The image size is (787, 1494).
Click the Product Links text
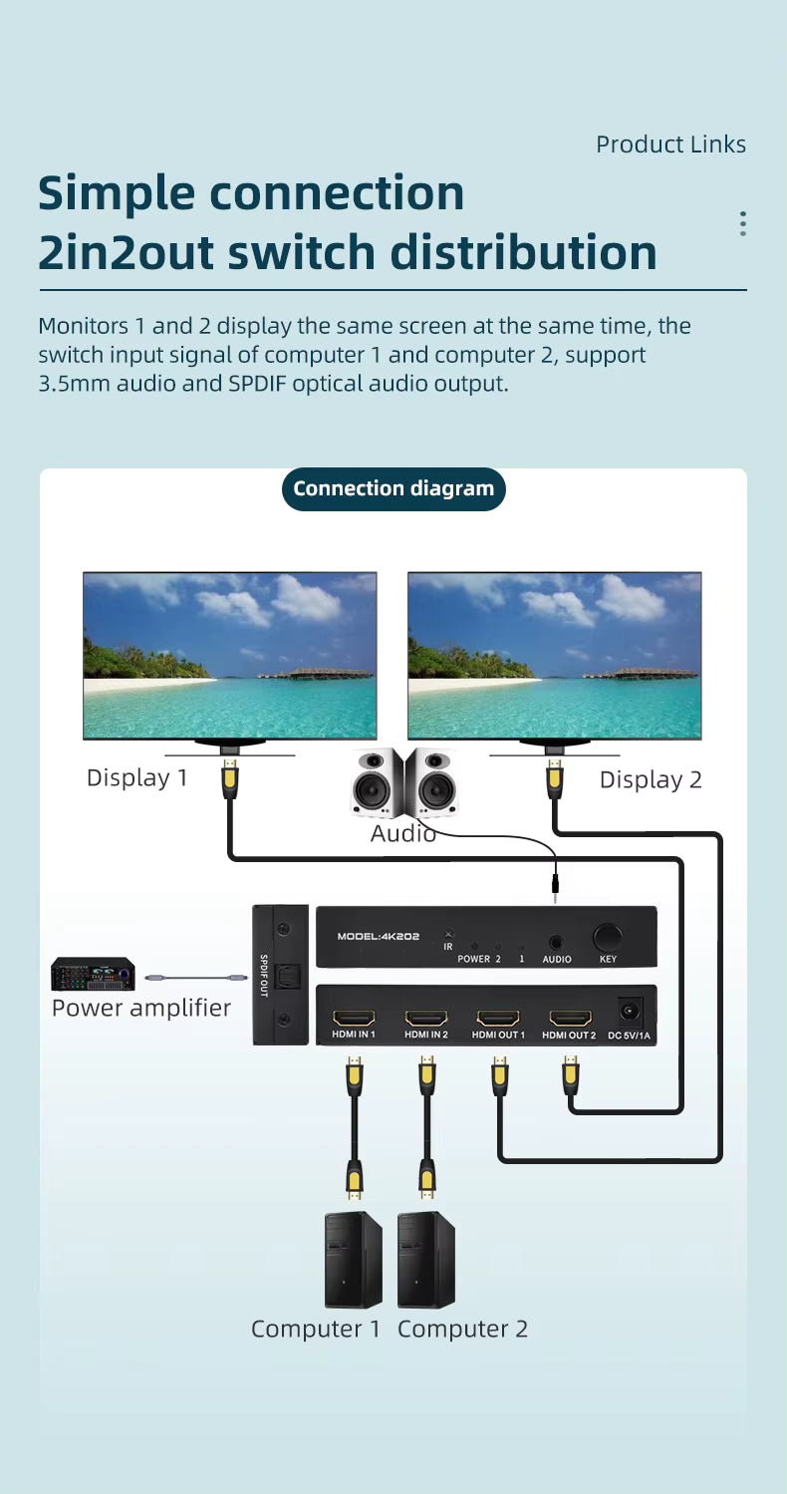pyautogui.click(x=670, y=145)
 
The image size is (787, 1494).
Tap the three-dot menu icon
pyautogui.click(x=742, y=223)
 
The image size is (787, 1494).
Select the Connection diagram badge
pyautogui.click(x=393, y=488)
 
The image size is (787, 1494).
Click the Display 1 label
pyautogui.click(x=136, y=777)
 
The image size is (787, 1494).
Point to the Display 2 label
pyautogui.click(x=651, y=779)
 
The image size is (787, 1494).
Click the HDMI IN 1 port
pyautogui.click(x=354, y=1019)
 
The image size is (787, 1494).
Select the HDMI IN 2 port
pyautogui.click(x=425, y=1019)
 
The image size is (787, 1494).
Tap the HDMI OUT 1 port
pyautogui.click(x=498, y=1019)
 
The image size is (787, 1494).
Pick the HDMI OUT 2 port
pyautogui.click(x=569, y=1019)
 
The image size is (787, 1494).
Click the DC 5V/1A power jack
pyautogui.click(x=629, y=1013)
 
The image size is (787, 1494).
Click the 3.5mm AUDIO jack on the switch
pyautogui.click(x=556, y=941)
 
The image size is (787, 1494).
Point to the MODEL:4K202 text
pyautogui.click(x=376, y=937)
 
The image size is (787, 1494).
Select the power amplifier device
pyautogui.click(x=93, y=974)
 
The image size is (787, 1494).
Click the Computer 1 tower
pyautogui.click(x=353, y=1260)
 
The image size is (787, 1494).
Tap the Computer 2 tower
pyautogui.click(x=425, y=1260)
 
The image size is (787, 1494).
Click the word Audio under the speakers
pyautogui.click(x=402, y=833)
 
